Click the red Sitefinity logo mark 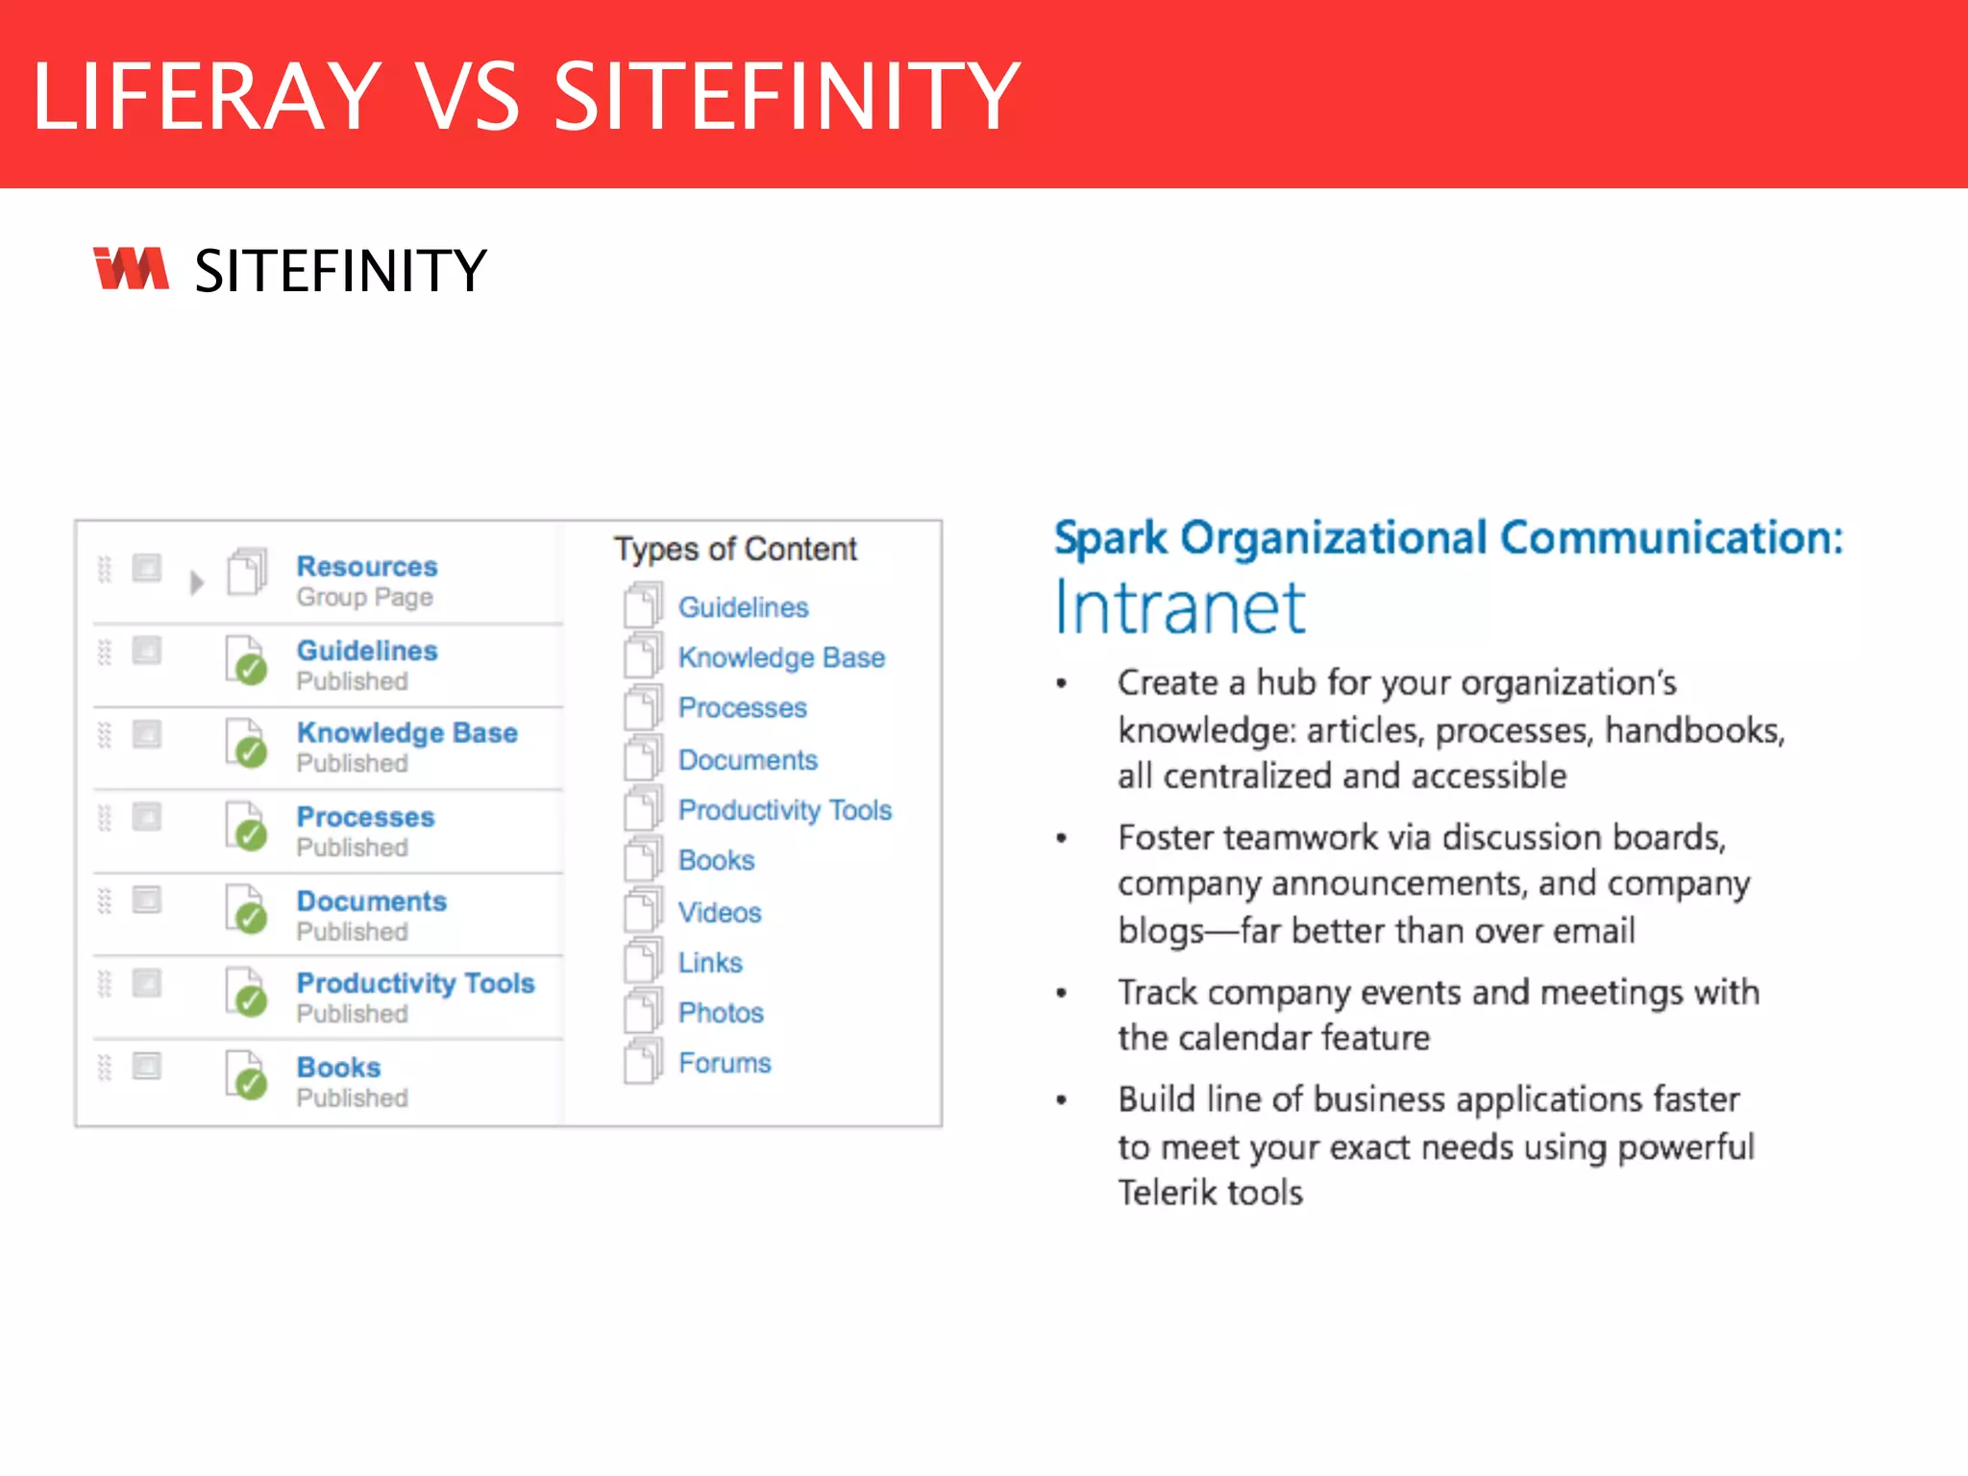(131, 268)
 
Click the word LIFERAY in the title (208, 95)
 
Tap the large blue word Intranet (1180, 608)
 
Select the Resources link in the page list (366, 566)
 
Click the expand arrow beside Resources (197, 582)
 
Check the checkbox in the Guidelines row (147, 651)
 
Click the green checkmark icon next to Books (251, 1084)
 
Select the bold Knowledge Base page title (406, 732)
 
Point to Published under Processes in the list (352, 848)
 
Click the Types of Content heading (735, 549)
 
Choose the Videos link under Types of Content (720, 912)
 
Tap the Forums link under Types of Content (725, 1063)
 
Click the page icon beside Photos (643, 1011)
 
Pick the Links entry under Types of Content (710, 962)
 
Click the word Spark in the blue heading (1111, 538)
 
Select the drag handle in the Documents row (105, 900)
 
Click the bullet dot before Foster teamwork (1062, 839)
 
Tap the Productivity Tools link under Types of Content (784, 810)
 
